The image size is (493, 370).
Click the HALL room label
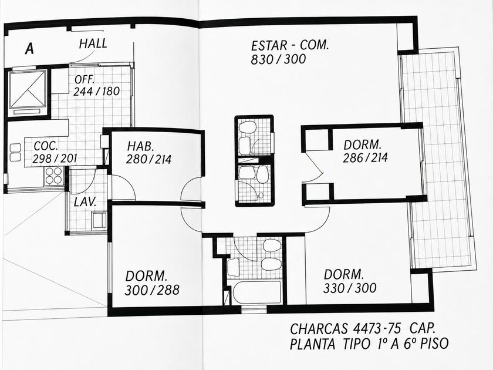(93, 43)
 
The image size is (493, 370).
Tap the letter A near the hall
(29, 49)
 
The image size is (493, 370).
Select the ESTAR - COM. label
(289, 45)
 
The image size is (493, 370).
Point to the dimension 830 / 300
(278, 59)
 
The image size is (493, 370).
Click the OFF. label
(85, 80)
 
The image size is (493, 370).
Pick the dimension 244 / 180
(96, 91)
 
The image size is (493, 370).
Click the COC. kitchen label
(46, 146)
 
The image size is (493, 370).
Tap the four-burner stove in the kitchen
(54, 176)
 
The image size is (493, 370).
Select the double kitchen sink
(15, 152)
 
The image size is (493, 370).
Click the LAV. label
(85, 202)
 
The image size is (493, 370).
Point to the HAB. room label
(140, 146)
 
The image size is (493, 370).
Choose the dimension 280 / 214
(148, 159)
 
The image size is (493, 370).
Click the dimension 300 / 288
(152, 290)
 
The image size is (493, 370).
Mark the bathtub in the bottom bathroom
(256, 292)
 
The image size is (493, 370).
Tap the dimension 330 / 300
(350, 288)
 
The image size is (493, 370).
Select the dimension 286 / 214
(365, 157)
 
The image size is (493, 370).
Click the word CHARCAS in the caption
(319, 329)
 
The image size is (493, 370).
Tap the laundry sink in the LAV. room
(99, 220)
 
